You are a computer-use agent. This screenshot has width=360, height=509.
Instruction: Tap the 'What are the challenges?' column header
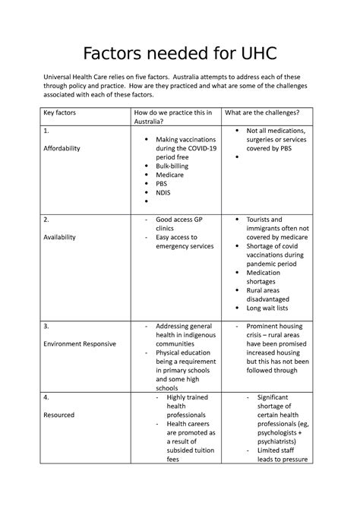click(262, 112)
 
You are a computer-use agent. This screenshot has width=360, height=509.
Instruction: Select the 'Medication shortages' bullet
click(270, 277)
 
